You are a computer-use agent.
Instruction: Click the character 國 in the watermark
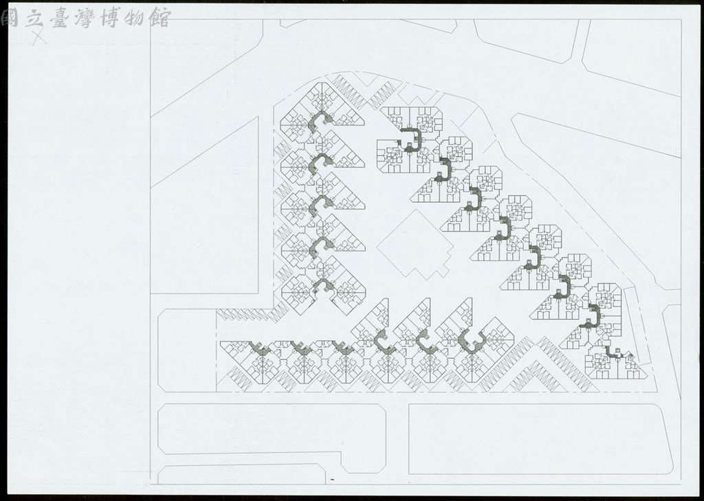10,19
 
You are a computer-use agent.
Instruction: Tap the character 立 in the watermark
34,19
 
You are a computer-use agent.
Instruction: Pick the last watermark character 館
159,18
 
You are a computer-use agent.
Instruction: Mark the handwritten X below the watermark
39,37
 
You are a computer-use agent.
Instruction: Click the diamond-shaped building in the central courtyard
415,245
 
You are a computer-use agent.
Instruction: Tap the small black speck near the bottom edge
332,480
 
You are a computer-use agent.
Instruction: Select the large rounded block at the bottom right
541,438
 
